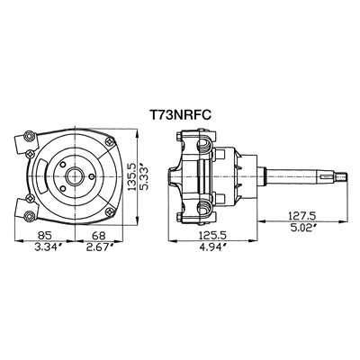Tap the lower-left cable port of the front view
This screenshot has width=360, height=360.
[24, 213]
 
